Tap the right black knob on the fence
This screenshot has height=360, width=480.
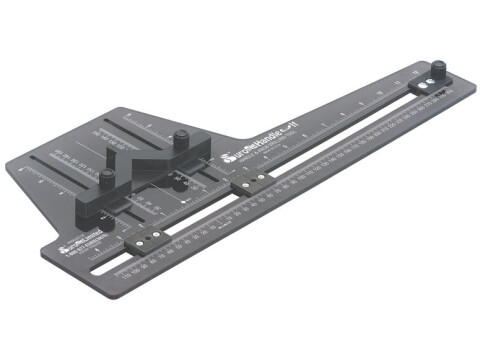point(184,138)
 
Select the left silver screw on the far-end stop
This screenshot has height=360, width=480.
point(421,91)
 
